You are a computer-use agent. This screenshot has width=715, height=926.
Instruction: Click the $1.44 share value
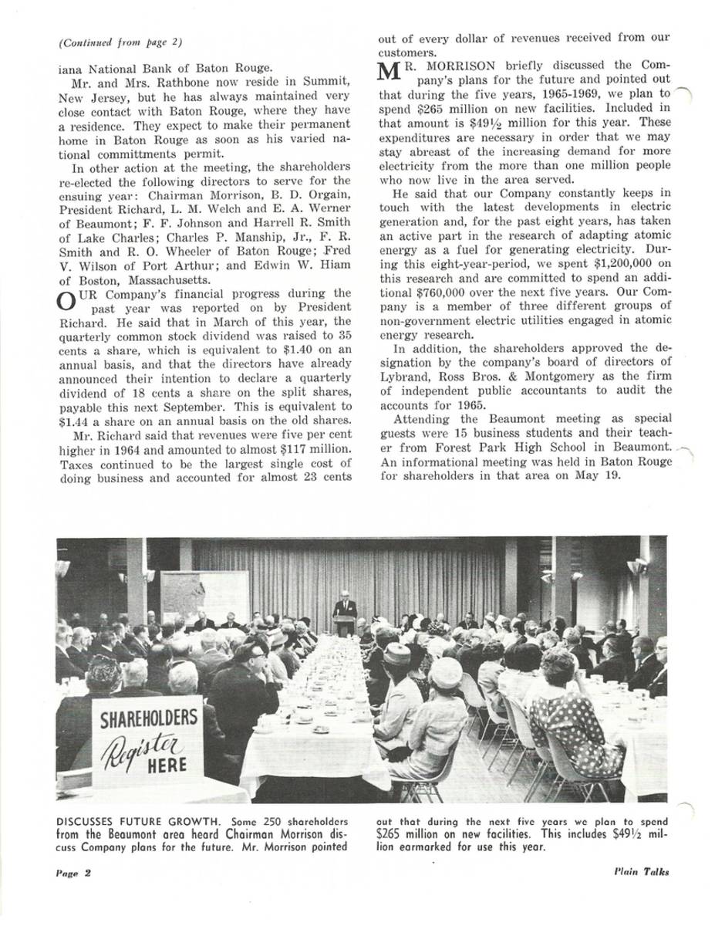(x=74, y=420)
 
